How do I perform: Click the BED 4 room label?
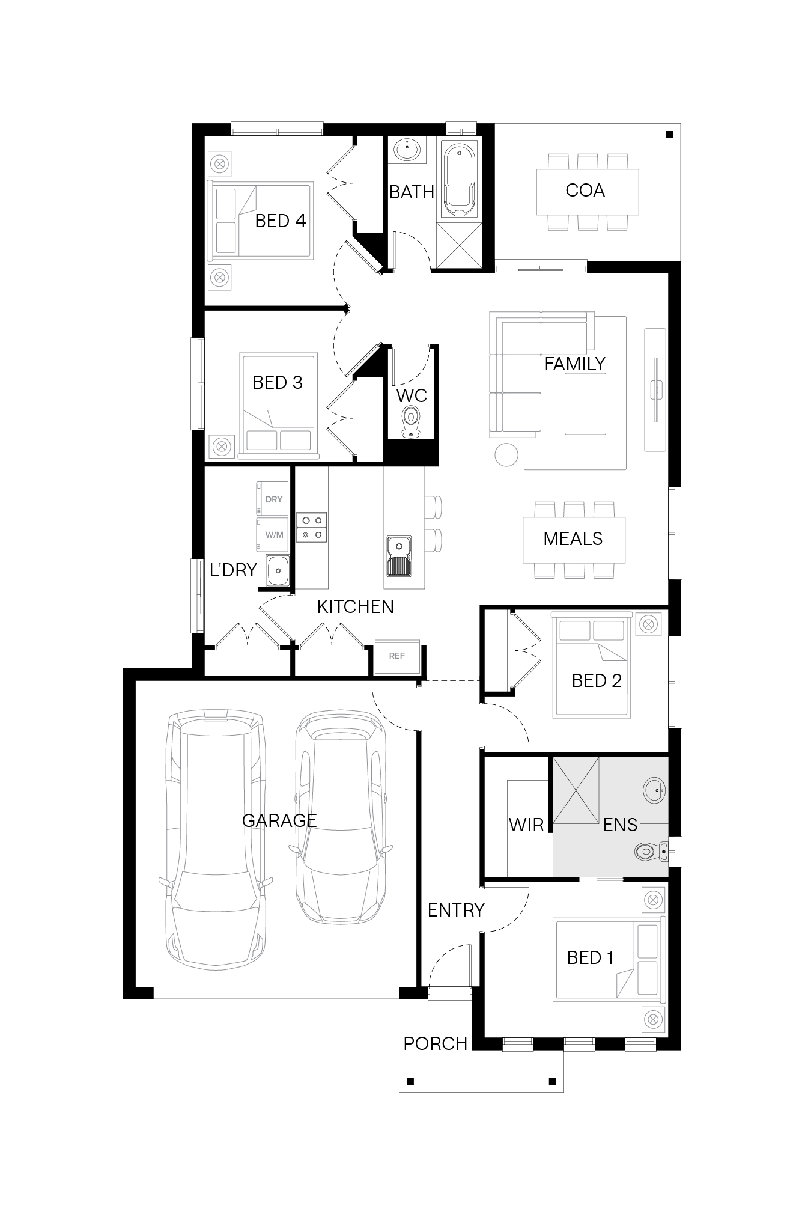[x=281, y=221]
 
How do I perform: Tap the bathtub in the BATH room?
[x=460, y=180]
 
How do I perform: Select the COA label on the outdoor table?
[x=585, y=190]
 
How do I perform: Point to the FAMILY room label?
[x=575, y=364]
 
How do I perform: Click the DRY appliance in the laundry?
[x=273, y=499]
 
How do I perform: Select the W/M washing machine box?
[x=273, y=534]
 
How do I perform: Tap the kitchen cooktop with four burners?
[x=312, y=527]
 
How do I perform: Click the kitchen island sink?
[x=399, y=555]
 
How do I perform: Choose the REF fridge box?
[x=397, y=656]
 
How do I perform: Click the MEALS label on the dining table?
[x=573, y=538]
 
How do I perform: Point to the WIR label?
[x=526, y=825]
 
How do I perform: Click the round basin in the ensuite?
[x=654, y=789]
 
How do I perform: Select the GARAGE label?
[x=279, y=820]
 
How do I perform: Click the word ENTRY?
[x=456, y=910]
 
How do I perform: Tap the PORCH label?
[x=436, y=1043]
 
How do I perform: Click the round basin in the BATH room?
[x=407, y=149]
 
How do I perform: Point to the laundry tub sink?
[x=278, y=570]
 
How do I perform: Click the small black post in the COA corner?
[x=669, y=135]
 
